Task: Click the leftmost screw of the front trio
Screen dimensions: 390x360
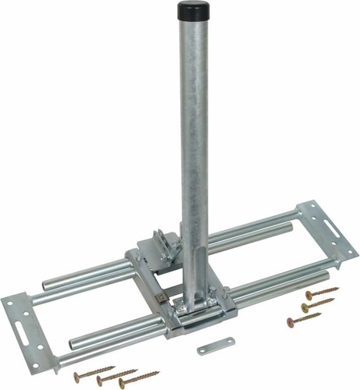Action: point(94,371)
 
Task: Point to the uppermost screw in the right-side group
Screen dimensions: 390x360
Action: point(320,292)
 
